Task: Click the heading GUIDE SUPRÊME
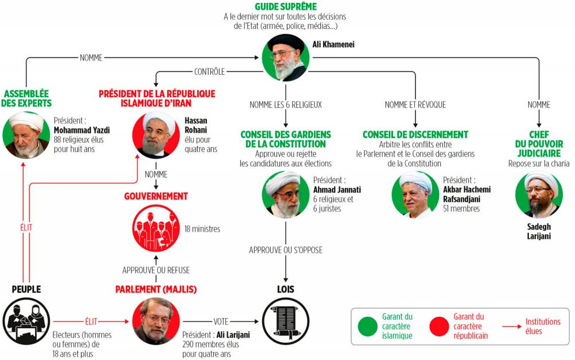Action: tap(286, 6)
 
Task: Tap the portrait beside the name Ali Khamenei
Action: tap(286, 58)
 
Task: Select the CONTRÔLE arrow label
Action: tap(209, 71)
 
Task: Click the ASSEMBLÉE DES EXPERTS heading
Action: tap(27, 98)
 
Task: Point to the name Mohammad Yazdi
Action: tap(82, 130)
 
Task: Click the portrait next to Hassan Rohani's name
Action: tap(156, 135)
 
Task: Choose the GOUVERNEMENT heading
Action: tap(156, 196)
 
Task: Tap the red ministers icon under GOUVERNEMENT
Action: tap(156, 228)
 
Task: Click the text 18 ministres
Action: tap(202, 229)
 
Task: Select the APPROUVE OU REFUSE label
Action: tap(156, 270)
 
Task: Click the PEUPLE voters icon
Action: tap(27, 321)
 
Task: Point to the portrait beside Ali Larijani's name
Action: tap(156, 321)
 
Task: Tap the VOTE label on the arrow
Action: tap(221, 321)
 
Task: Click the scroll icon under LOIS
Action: tap(286, 321)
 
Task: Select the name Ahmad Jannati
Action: tap(337, 190)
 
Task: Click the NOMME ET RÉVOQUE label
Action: tap(415, 105)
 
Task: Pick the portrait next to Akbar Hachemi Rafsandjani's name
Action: tap(415, 194)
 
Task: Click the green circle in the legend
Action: tap(368, 326)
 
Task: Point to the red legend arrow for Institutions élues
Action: tap(512, 326)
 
